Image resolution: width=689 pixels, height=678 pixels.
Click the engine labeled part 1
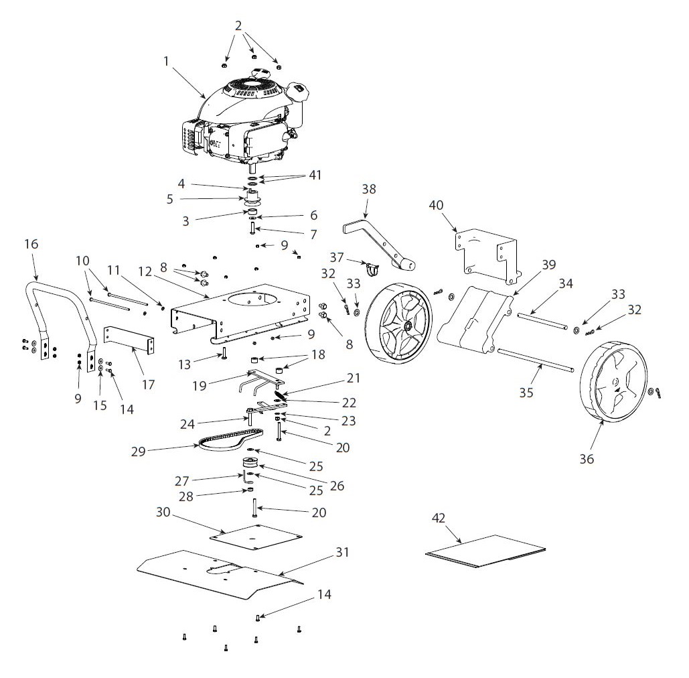(244, 124)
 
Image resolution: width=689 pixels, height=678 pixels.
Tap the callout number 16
(31, 245)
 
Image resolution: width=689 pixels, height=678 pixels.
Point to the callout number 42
(439, 518)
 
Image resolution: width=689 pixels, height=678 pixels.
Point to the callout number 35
(526, 392)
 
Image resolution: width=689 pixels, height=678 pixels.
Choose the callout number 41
(314, 175)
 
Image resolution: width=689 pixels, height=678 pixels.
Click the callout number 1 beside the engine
(166, 61)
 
